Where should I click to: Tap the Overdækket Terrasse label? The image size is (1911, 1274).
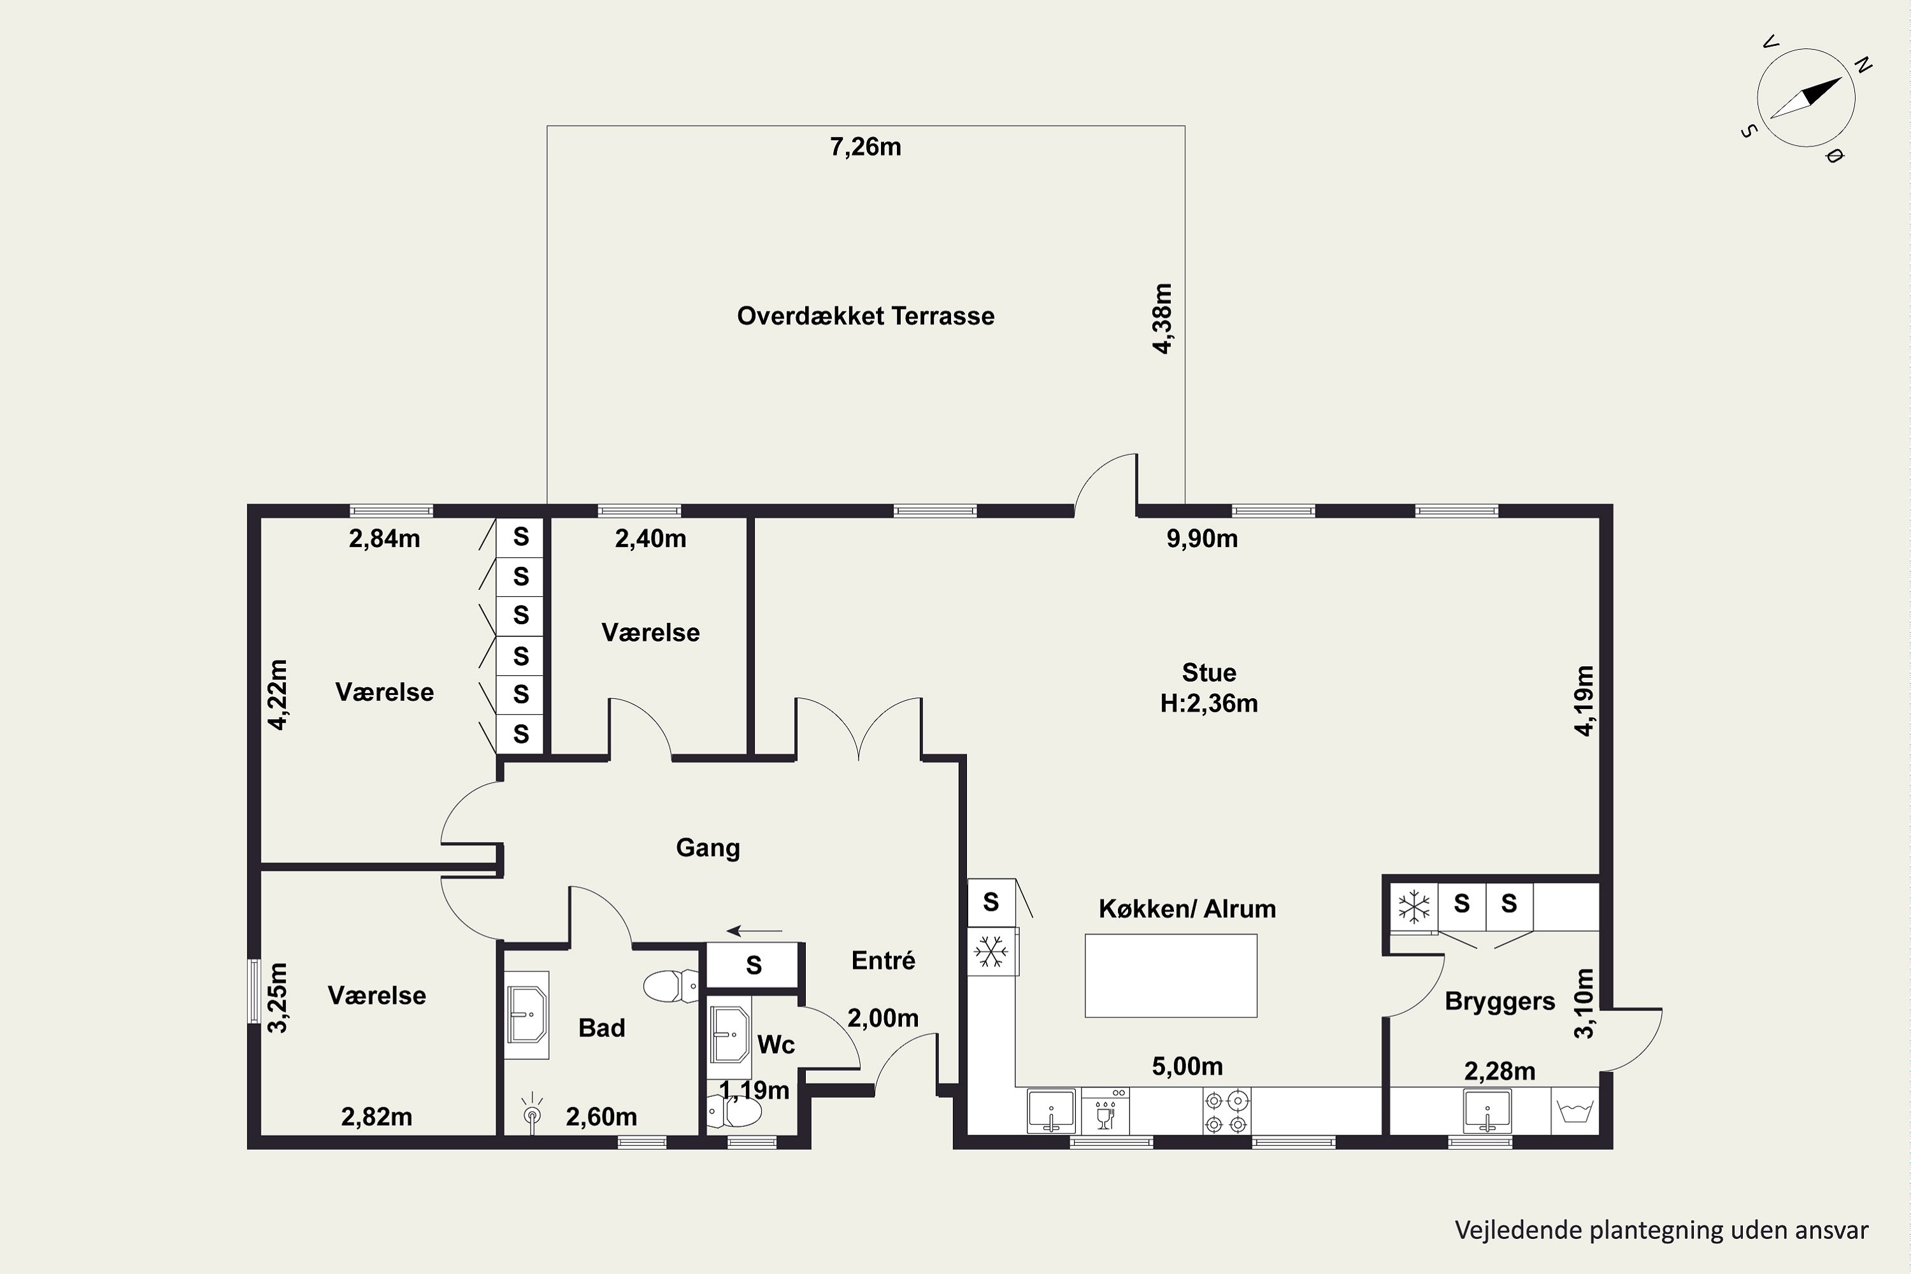865,316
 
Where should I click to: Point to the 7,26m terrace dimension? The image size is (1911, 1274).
865,147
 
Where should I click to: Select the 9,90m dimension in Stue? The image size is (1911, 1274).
1201,539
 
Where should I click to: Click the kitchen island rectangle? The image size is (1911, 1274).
1171,975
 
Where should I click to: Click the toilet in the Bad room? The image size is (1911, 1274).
670,986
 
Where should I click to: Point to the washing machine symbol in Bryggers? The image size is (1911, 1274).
1575,1111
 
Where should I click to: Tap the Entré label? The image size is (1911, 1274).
883,961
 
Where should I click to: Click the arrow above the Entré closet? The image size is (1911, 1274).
755,931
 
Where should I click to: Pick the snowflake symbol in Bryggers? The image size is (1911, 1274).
1414,906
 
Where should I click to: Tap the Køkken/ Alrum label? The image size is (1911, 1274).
1187,908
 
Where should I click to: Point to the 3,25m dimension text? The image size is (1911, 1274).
278,998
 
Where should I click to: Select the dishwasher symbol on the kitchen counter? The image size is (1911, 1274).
1105,1112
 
